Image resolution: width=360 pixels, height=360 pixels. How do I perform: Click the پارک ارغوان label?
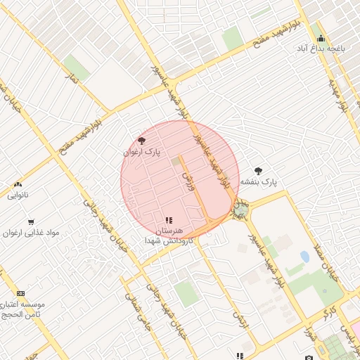143,151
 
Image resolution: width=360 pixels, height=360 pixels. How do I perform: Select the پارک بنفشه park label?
259,181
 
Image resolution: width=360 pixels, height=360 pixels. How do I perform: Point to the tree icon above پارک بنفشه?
258,170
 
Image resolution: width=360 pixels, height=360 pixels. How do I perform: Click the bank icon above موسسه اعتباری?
20,292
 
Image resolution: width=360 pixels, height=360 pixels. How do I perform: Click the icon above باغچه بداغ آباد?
321,39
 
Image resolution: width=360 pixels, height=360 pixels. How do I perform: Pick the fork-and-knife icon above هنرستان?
168,221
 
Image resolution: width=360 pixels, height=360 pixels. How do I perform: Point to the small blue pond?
304,257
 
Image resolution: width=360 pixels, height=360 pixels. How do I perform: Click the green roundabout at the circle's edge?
240,210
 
